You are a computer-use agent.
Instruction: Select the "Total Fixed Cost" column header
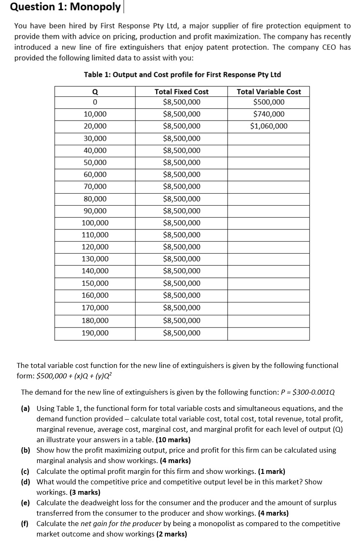(x=181, y=91)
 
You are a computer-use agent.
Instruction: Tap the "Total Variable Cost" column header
(x=269, y=91)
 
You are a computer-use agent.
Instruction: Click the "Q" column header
(x=95, y=91)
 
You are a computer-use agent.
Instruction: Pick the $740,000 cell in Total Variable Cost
(x=269, y=114)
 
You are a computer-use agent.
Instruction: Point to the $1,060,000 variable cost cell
(x=269, y=126)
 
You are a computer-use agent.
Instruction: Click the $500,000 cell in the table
(x=269, y=102)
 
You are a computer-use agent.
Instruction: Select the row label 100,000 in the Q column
(x=95, y=223)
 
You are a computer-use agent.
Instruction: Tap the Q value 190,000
(x=95, y=333)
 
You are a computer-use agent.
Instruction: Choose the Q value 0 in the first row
(x=95, y=102)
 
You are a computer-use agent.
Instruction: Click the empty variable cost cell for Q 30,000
(x=269, y=139)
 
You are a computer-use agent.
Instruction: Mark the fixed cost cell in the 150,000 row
(x=181, y=283)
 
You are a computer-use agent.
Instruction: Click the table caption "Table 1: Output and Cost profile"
(x=182, y=75)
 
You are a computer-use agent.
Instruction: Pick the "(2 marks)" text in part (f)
(x=172, y=534)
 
